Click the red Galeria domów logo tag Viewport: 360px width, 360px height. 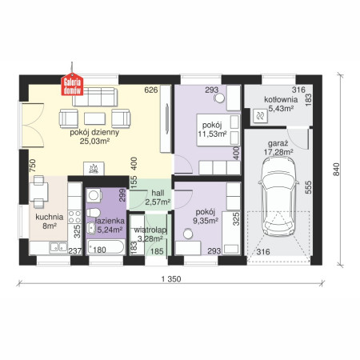tap(72, 84)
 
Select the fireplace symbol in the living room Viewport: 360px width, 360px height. tap(94, 169)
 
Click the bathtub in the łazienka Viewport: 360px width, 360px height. tap(106, 247)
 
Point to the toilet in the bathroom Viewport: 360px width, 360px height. tap(93, 213)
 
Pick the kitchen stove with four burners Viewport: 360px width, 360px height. tap(74, 217)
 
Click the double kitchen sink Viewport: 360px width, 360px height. tap(58, 247)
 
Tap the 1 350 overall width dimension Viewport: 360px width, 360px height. tap(171, 279)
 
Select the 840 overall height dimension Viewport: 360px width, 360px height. tap(336, 170)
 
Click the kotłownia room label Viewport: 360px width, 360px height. tap(281, 99)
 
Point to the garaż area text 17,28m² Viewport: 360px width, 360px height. tap(278, 152)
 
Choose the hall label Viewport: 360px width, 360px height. tap(158, 193)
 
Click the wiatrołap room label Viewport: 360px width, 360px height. tap(150, 230)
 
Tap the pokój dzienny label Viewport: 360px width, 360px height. tap(94, 133)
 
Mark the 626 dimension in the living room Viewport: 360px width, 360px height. tap(151, 90)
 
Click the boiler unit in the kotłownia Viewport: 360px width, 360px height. tap(260, 116)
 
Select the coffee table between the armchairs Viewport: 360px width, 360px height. tap(94, 118)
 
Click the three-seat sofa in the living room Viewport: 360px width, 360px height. tap(94, 98)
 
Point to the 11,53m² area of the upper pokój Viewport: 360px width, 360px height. tap(212, 134)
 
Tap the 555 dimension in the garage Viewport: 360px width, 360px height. tap(308, 187)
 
